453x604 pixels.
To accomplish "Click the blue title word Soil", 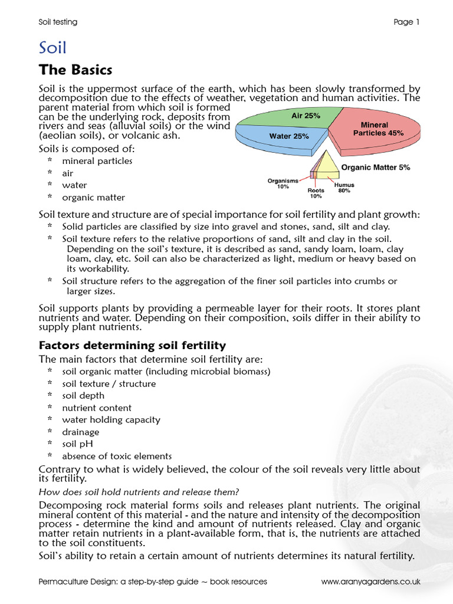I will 52,47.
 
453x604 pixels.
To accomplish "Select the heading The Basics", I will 75,70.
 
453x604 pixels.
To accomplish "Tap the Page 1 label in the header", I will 406,22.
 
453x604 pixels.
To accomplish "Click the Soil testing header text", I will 58,22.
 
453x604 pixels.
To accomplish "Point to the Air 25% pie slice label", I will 306,116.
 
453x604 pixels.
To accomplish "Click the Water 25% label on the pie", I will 289,136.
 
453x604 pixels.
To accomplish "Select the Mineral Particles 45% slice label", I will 378,129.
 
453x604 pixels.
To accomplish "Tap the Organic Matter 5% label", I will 376,168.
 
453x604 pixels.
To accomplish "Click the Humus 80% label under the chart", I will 344,188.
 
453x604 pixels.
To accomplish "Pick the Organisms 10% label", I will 283,183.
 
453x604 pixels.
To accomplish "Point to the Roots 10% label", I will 316,193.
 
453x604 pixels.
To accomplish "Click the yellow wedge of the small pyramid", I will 329,167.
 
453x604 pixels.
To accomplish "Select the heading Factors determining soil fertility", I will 132,345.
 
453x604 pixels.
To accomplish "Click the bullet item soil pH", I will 77,444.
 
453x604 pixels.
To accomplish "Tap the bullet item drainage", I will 80,432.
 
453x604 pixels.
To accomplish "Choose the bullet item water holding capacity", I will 111,419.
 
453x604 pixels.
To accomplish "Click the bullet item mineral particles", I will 97,161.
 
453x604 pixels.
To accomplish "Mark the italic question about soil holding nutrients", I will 139,492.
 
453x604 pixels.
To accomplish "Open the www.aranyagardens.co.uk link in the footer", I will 370,582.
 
